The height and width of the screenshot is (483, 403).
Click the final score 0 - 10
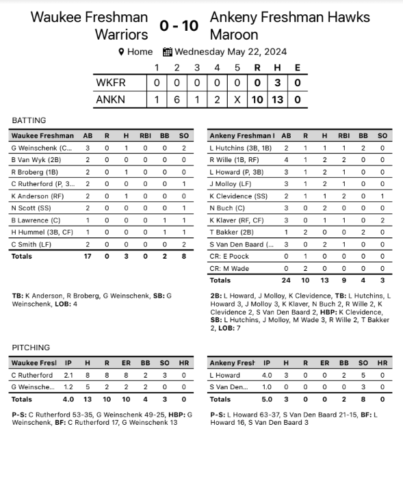point(179,26)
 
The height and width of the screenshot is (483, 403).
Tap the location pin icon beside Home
point(121,52)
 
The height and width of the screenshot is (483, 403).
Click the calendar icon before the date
point(168,52)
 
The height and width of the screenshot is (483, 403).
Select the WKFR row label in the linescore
point(112,83)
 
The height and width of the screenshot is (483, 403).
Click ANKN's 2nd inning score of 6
point(177,99)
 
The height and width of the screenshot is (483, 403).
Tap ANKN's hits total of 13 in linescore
point(278,99)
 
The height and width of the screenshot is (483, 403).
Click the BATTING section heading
point(29,120)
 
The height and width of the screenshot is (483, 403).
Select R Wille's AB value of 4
point(287,159)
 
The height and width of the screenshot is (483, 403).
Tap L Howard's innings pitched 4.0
point(267,375)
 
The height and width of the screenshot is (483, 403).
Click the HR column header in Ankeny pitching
point(382,363)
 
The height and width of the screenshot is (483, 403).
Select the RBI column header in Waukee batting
point(145,135)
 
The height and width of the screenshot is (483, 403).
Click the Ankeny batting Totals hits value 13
point(325,280)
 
